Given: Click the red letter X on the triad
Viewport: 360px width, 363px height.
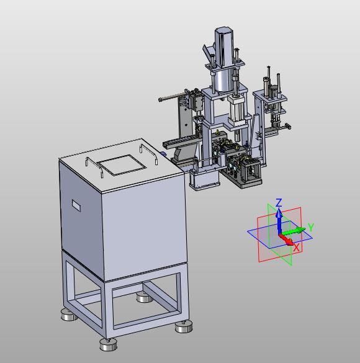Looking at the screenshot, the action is [x=296, y=248].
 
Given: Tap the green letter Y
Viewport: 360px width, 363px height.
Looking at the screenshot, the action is [x=311, y=227].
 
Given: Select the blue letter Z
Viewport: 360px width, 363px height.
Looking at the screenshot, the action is [x=279, y=202].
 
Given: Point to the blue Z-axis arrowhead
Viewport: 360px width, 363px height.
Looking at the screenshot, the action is [x=280, y=212].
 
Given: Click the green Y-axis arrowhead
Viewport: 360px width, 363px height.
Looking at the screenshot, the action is [x=301, y=230].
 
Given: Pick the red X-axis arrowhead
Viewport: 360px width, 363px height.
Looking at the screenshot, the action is [x=290, y=242].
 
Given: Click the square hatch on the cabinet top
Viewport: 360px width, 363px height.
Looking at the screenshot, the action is [x=121, y=165].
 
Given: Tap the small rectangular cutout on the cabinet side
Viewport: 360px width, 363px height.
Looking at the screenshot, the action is [x=76, y=205].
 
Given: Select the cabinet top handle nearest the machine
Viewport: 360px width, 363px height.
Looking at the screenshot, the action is [x=149, y=154].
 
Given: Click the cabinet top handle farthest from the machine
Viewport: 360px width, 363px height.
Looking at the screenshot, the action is [x=94, y=166].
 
